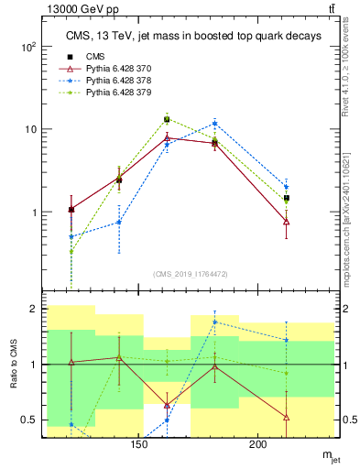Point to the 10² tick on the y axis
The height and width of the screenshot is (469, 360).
pyautogui.click(x=28, y=46)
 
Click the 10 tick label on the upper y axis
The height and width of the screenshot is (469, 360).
pyautogui.click(x=30, y=129)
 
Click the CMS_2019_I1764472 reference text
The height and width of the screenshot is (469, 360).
pyautogui.click(x=191, y=274)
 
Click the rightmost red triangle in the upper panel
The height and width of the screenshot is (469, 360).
pyautogui.click(x=287, y=222)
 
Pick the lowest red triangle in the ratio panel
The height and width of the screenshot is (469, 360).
pyautogui.click(x=287, y=418)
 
